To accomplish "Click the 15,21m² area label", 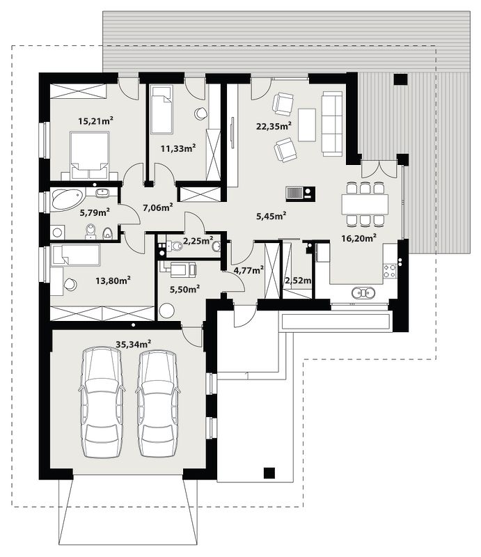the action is [95, 121].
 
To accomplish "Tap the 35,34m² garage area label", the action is [134, 344].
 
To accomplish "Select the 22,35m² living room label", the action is [274, 126].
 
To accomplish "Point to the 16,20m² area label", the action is [359, 238].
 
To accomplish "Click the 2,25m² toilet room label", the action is [198, 241].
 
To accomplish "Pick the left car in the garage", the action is [101, 402].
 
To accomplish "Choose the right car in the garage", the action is [157, 403].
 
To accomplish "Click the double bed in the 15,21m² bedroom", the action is [90, 155].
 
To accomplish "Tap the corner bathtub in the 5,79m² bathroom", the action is [68, 200].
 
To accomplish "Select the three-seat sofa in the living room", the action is [332, 123].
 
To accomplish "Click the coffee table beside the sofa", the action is [307, 125].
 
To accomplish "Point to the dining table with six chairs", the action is [365, 204].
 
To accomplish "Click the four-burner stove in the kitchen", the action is [390, 271].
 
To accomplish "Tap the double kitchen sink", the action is [364, 292].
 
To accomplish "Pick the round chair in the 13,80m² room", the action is [70, 284].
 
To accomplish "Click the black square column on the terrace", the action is [400, 79].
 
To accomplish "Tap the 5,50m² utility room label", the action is [184, 289].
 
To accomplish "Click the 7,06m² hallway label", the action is [158, 207].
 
